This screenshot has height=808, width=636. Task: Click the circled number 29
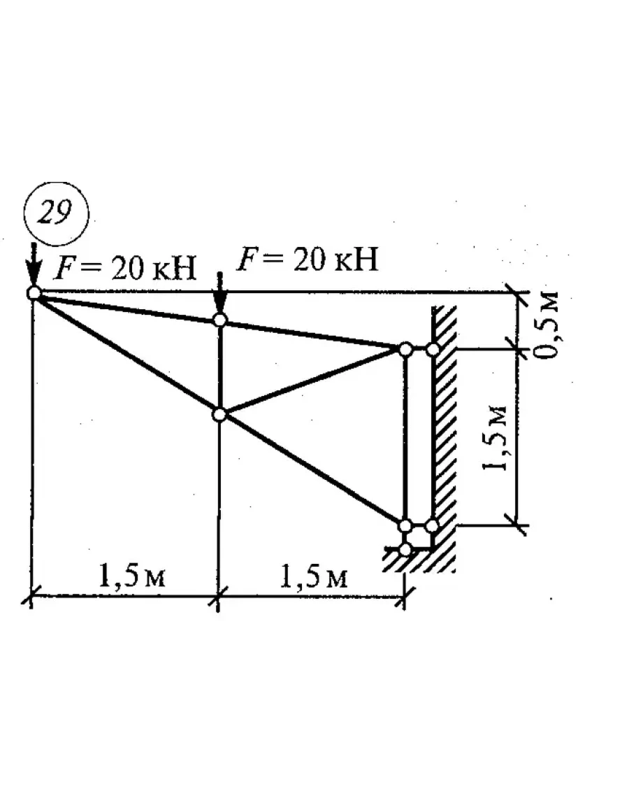[55, 213]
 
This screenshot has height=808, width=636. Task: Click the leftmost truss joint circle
[34, 293]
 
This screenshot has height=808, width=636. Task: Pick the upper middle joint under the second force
[219, 320]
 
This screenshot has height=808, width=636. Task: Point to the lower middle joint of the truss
[219, 414]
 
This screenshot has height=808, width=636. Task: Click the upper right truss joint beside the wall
[405, 348]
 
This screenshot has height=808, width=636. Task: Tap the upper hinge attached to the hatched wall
[433, 348]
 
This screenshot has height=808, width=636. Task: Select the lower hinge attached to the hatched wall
[432, 525]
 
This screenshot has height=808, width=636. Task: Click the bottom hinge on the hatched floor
[405, 549]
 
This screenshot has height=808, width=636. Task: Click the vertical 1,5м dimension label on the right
[498, 437]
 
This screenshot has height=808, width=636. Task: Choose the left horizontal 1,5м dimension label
[126, 577]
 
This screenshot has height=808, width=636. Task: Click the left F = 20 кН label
[126, 268]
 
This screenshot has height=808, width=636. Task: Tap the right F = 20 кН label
[308, 260]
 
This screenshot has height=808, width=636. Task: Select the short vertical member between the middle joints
[219, 367]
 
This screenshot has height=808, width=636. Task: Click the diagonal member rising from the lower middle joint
[312, 381]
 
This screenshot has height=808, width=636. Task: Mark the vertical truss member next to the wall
[405, 437]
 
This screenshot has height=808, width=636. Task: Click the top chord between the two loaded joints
[127, 306]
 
